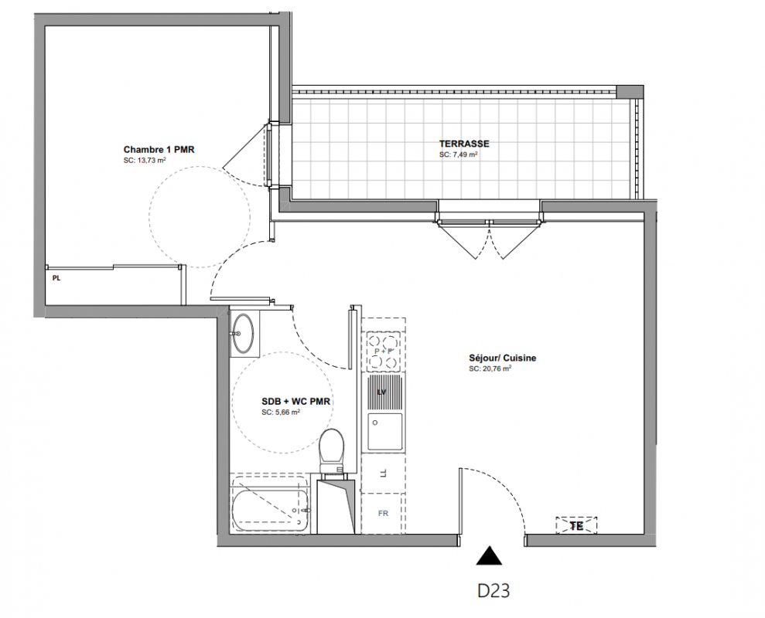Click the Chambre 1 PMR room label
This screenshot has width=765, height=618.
159,150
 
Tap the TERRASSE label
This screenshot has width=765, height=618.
464,144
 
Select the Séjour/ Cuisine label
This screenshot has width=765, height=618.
503,358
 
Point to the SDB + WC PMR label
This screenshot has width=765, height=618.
295,402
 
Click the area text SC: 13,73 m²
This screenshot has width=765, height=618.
145,160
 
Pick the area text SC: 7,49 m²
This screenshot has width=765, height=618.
458,154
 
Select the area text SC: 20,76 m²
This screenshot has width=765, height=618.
490,369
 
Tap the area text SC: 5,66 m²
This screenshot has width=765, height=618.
281,412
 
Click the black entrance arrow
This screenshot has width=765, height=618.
489,555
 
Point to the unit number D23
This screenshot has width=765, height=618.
493,591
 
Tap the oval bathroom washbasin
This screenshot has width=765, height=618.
243,333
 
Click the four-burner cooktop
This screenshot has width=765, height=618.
384,350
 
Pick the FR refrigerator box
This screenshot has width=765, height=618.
383,513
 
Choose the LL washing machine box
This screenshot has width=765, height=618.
383,474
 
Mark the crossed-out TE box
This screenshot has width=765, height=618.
577,525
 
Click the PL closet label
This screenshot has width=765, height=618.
56,278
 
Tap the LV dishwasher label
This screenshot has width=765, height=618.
382,392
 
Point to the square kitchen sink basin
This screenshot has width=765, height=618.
385,431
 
